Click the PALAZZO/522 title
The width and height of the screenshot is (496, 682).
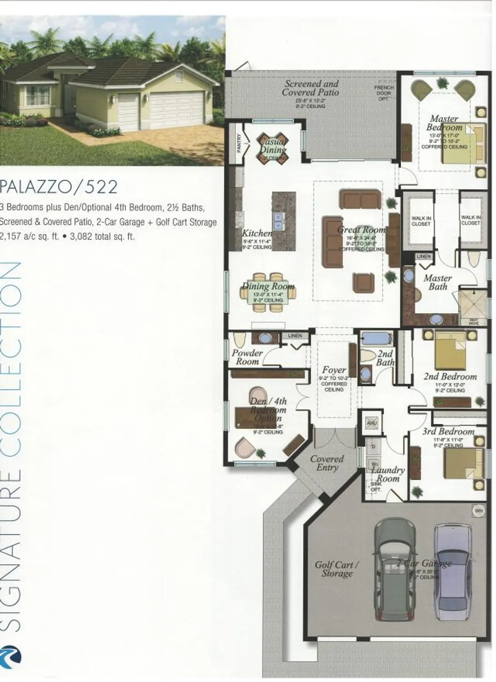click(x=59, y=187)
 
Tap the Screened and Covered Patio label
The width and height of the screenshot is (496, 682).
click(x=311, y=88)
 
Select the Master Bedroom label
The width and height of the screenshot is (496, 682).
click(x=444, y=123)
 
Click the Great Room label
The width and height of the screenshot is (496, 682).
click(x=362, y=230)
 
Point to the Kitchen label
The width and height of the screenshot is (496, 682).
click(x=257, y=233)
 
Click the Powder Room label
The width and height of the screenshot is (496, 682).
click(x=247, y=357)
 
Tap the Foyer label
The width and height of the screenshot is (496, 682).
click(x=334, y=370)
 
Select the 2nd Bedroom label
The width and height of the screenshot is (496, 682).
click(x=450, y=376)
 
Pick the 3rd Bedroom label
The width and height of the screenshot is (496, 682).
click(x=448, y=431)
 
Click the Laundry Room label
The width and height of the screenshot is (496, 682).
click(x=388, y=474)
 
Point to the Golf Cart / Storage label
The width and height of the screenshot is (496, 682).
click(x=337, y=569)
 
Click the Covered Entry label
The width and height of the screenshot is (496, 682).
click(x=327, y=463)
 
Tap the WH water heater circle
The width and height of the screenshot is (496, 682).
click(x=479, y=511)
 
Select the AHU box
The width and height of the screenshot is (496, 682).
click(x=371, y=423)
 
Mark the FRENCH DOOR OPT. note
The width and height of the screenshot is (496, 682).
click(x=384, y=93)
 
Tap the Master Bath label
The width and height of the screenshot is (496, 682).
click(x=437, y=282)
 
